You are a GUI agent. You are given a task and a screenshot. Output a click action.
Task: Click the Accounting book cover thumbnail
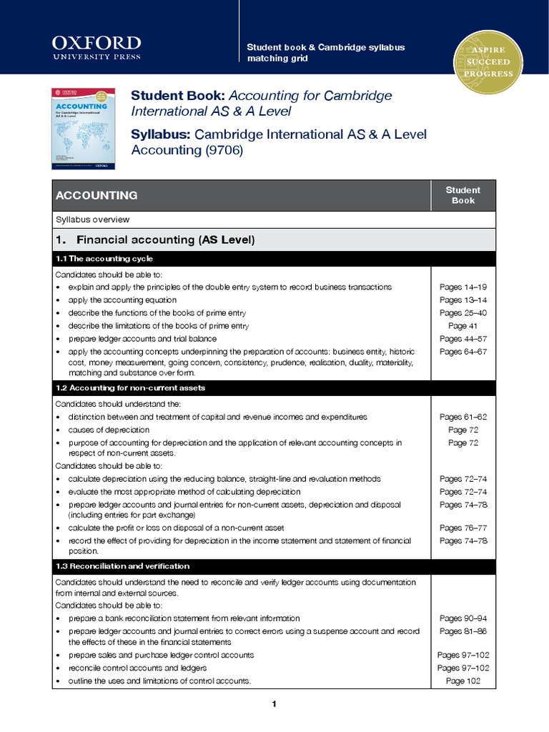84,128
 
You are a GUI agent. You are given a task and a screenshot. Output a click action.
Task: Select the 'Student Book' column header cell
463,195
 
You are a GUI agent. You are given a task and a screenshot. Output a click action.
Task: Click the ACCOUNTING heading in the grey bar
97,195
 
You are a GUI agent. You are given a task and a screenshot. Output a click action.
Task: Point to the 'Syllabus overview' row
92,219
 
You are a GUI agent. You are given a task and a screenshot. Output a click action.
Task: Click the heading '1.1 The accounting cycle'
104,258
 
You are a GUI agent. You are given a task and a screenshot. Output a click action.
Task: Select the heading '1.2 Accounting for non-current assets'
130,387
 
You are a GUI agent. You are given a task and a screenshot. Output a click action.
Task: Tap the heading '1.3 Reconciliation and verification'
122,565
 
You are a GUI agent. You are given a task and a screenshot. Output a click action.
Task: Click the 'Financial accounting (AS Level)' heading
165,239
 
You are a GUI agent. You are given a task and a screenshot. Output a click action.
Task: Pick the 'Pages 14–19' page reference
463,287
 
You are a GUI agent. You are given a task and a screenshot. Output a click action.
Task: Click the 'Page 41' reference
463,325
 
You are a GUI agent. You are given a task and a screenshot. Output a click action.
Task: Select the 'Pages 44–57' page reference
463,338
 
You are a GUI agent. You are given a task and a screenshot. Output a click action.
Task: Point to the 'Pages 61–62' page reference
463,417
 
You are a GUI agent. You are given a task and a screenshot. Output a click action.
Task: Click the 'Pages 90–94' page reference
463,618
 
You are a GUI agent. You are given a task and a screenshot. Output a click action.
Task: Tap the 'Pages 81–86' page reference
463,630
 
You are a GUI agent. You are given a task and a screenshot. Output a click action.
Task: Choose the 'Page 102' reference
463,681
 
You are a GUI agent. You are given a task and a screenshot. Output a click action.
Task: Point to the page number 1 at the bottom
274,705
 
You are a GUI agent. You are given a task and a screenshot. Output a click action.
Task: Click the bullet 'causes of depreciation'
109,430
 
